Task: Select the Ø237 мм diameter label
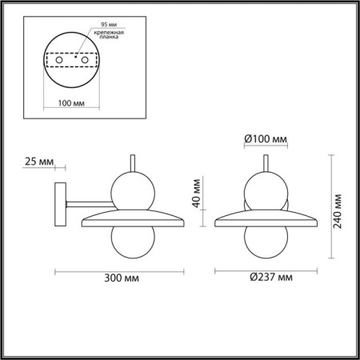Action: click(x=269, y=278)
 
